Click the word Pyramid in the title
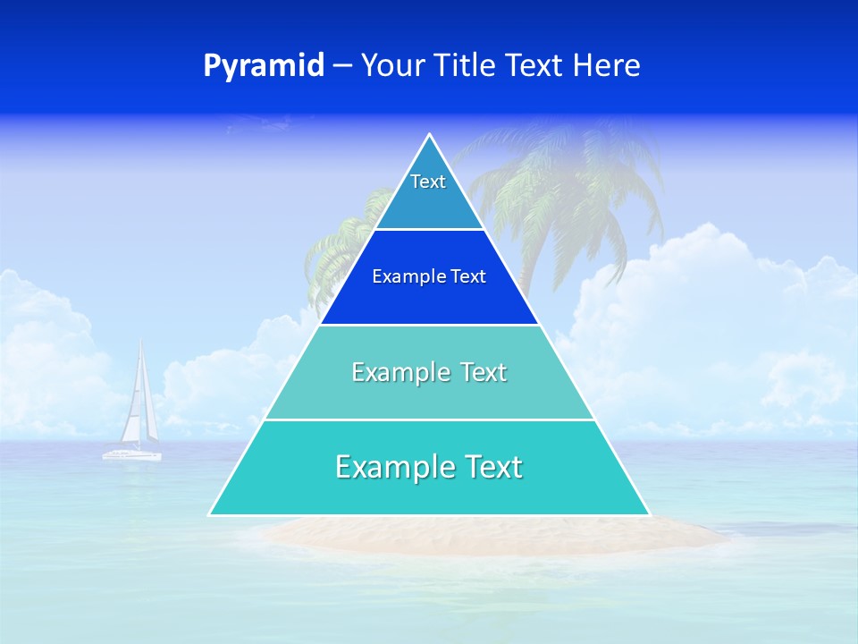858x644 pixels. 264,66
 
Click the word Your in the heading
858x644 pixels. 393,66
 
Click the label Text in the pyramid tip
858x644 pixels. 428,182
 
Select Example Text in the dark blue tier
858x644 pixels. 429,276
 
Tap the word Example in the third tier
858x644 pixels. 391,372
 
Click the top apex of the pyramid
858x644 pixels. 430,135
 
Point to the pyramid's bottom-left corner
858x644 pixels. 211,513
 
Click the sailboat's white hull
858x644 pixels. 131,455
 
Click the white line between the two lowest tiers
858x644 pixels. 429,419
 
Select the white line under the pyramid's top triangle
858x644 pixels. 429,229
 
